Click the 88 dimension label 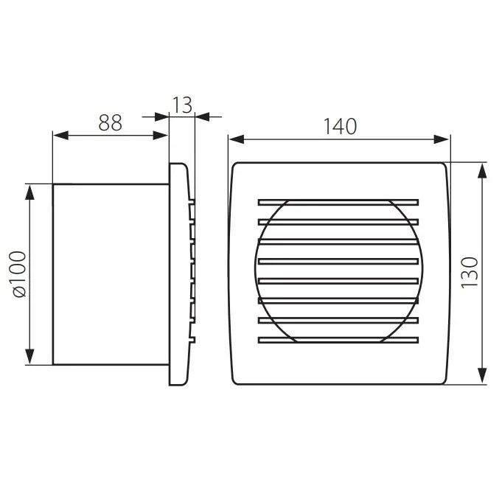click(x=110, y=122)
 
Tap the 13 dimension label click(x=182, y=105)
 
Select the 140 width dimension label click(x=340, y=127)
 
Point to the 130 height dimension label click(x=470, y=273)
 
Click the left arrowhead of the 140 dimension click(x=237, y=139)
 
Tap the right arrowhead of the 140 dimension click(x=442, y=139)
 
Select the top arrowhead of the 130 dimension click(x=482, y=170)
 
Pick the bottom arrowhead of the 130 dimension click(x=482, y=375)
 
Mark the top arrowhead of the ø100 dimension click(x=29, y=192)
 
